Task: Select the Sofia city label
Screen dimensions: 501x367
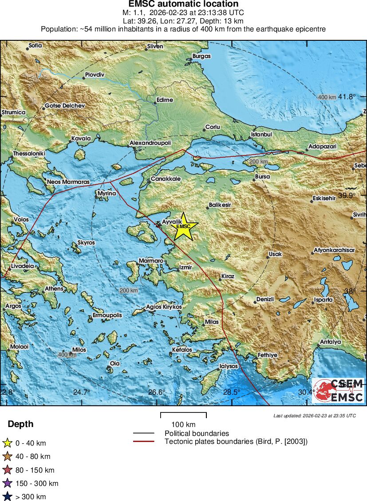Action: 35,45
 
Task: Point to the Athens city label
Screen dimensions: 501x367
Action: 54,289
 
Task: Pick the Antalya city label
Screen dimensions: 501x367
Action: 330,342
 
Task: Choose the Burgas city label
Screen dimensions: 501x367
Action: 201,56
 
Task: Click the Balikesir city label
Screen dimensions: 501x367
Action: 220,205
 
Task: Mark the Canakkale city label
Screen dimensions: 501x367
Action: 166,179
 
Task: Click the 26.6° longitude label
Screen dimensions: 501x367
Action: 157,392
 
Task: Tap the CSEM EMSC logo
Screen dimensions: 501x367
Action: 338,390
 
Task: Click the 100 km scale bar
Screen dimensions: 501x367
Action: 183,415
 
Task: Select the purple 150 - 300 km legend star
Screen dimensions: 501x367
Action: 7,483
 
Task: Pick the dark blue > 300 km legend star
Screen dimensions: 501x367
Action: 7,497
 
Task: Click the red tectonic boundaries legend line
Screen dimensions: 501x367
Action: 143,442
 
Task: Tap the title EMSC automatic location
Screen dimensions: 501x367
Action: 183,4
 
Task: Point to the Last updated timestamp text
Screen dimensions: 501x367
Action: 315,416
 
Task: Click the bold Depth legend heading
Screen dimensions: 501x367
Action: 20,424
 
